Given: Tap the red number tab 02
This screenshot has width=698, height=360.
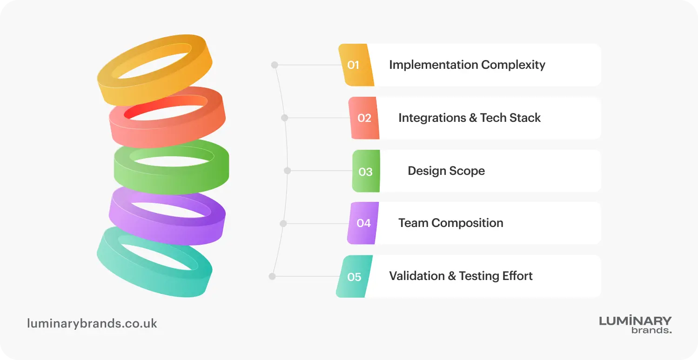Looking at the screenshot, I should click(364, 118).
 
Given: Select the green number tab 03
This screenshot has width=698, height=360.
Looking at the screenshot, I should click(366, 171).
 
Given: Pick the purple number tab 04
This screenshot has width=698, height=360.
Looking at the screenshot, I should click(363, 223).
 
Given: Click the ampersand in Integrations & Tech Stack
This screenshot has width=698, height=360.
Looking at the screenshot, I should click(473, 118).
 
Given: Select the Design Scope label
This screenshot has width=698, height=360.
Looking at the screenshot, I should click(446, 171).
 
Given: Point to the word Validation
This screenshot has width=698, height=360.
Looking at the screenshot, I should click(416, 276).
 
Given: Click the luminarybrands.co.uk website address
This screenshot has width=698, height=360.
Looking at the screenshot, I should click(92, 324).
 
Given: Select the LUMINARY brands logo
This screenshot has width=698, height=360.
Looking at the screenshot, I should click(635, 325).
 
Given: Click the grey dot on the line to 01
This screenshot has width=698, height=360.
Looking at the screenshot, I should click(275, 65).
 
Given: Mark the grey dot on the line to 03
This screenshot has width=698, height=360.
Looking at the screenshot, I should click(288, 171).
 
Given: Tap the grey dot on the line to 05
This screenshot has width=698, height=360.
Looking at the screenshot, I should click(272, 276).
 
